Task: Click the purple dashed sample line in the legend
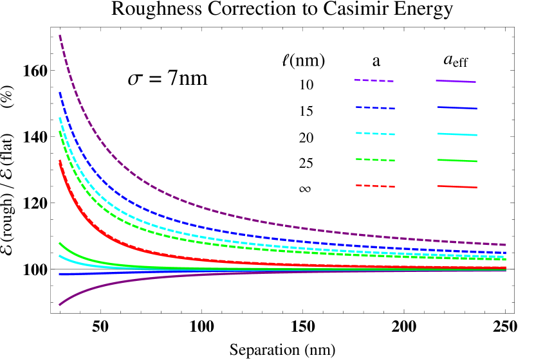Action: tap(373, 80)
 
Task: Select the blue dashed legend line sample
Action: tap(375, 107)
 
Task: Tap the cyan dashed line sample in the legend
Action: tap(375, 134)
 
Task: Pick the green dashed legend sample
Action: tap(375, 159)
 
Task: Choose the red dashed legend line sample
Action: tap(375, 186)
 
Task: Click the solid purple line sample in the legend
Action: tap(456, 81)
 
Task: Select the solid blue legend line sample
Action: tap(457, 108)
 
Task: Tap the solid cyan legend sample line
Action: tap(457, 134)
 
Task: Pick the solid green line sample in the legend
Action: tap(457, 160)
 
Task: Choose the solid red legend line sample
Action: tap(457, 186)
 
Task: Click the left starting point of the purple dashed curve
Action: tap(60, 35)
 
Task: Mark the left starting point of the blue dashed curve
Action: tap(60, 93)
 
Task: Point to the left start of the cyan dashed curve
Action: tap(60, 118)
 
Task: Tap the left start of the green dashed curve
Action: tap(60, 132)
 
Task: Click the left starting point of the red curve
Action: tap(60, 161)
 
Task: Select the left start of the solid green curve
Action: tap(60, 243)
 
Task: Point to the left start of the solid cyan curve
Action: tap(60, 256)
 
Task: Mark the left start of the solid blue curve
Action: tap(60, 274)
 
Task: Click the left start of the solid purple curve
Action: tap(60, 305)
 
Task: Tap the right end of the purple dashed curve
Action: tap(506, 245)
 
